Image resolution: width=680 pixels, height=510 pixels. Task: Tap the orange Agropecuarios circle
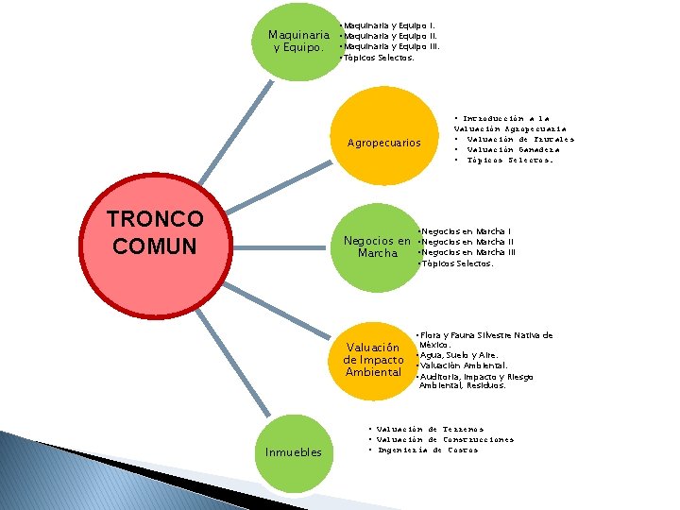click(x=383, y=143)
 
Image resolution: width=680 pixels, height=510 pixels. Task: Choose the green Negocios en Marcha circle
click(x=377, y=246)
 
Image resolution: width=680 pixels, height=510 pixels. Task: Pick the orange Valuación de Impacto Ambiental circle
click(x=374, y=360)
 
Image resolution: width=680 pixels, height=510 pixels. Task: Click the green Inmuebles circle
click(x=293, y=452)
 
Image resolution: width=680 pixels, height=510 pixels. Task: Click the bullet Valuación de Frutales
click(x=519, y=140)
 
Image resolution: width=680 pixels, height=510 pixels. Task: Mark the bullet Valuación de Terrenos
click(x=430, y=429)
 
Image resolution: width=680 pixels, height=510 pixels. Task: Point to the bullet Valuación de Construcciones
click(x=445, y=439)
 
